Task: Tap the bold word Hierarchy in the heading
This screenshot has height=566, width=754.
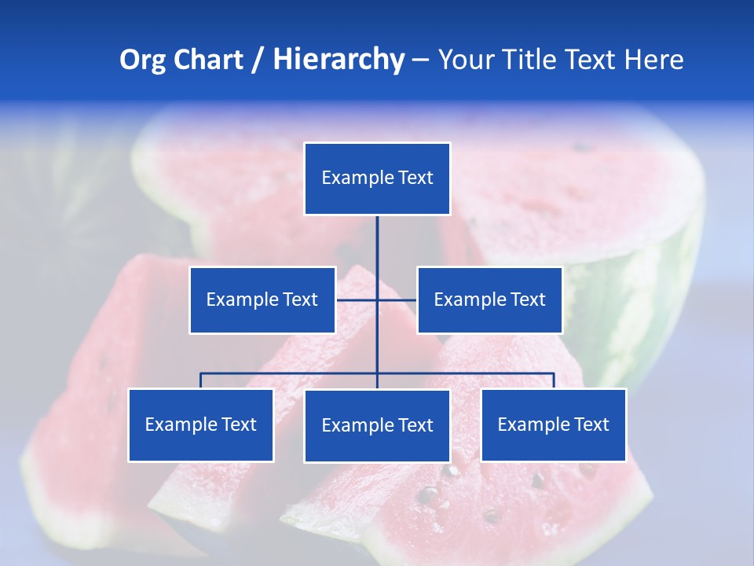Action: point(339,60)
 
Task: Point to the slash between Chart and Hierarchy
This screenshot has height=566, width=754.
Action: point(258,60)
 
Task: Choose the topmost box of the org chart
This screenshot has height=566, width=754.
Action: point(377,178)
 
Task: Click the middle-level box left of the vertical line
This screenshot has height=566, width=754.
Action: point(262,300)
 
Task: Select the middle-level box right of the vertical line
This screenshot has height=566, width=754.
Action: point(489,300)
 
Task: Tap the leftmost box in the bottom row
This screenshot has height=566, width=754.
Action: point(201,425)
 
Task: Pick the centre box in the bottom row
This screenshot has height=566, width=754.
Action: point(377,426)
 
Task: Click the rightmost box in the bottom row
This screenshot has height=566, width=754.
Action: point(554,425)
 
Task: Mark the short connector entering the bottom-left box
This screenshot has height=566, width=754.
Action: point(201,380)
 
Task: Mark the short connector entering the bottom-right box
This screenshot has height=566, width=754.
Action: point(554,380)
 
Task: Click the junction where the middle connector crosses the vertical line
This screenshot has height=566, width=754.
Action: point(377,300)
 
